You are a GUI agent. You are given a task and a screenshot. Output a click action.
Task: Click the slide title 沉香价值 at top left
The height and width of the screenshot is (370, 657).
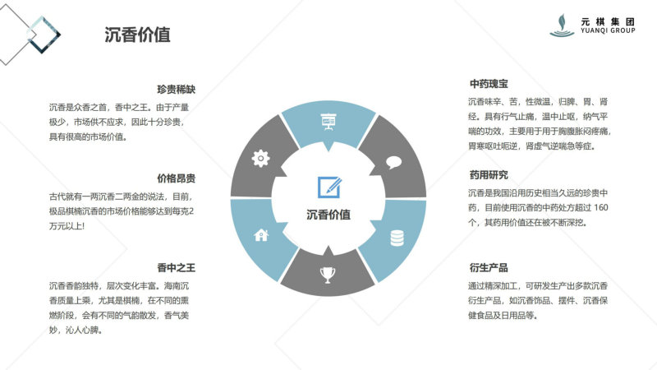click(x=137, y=35)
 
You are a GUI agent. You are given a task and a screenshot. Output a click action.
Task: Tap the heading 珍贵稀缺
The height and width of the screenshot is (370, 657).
click(x=176, y=90)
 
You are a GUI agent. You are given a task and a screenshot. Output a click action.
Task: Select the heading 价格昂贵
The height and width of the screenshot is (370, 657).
click(x=176, y=178)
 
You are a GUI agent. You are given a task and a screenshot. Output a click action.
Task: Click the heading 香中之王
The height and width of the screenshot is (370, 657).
click(x=176, y=268)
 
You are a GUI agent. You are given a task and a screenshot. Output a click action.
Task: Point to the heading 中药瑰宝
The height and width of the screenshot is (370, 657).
click(x=489, y=84)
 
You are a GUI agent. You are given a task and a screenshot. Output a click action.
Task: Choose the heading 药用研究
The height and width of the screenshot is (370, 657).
click(x=489, y=175)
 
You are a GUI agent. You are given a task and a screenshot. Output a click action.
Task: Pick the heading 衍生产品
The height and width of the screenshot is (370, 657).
click(x=489, y=268)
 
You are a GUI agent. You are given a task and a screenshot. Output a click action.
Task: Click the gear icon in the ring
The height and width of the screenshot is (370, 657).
click(x=260, y=159)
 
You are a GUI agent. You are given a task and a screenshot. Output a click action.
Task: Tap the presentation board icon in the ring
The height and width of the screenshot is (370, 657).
click(x=328, y=122)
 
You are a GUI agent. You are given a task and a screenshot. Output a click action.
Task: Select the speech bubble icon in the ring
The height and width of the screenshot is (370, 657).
click(x=394, y=162)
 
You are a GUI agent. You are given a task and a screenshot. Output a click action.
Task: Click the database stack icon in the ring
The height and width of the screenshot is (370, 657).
click(x=397, y=238)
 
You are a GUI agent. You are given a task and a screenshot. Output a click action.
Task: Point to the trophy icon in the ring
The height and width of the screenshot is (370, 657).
click(x=328, y=275)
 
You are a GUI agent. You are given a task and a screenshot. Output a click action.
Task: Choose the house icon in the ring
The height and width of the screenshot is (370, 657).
click(x=261, y=235)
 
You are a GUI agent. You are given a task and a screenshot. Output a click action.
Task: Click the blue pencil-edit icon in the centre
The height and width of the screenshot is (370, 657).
click(x=329, y=187)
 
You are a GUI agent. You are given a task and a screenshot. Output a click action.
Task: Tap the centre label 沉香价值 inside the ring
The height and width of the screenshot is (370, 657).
click(x=328, y=215)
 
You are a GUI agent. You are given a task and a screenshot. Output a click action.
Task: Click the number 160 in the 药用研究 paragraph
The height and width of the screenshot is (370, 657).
click(x=601, y=208)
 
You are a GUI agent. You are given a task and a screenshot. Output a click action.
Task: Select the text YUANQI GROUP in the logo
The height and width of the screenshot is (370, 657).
click(x=608, y=30)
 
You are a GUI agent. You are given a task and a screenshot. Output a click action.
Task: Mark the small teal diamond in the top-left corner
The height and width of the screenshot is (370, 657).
click(x=44, y=35)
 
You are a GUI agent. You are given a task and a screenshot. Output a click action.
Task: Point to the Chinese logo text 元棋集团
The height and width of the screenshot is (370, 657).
click(x=608, y=22)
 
